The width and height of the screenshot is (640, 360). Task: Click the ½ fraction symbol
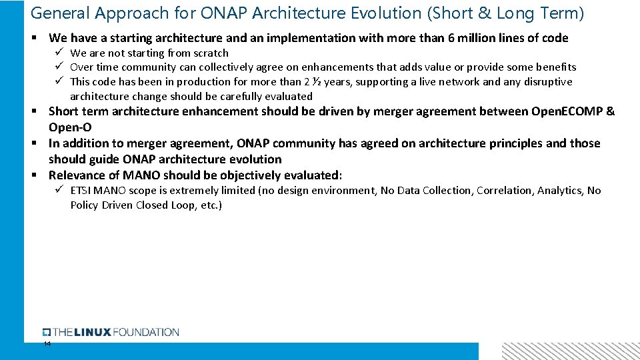324,81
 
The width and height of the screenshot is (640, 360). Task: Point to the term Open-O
70,127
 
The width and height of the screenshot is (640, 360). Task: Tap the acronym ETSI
82,191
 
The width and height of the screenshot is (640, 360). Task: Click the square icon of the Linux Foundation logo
47,332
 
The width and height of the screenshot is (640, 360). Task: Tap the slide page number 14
47,344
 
